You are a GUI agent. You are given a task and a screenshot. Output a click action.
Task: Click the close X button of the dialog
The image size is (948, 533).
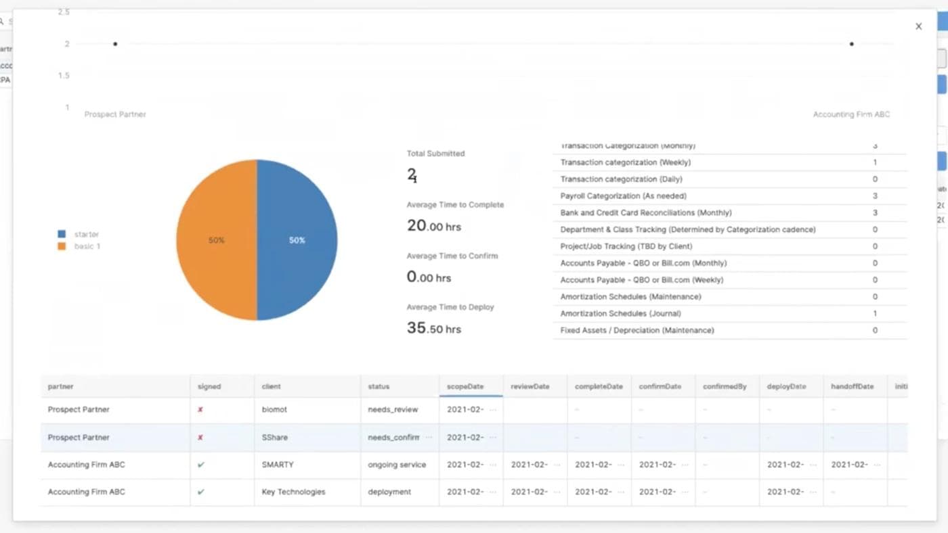click(918, 26)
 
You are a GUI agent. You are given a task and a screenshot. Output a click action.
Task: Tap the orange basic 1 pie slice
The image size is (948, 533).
click(216, 240)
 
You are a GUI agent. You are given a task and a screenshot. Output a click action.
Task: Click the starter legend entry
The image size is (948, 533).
click(86, 234)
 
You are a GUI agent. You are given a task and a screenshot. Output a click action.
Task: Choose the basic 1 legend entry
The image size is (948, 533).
click(87, 246)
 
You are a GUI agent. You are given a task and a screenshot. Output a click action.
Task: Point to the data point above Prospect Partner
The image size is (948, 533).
click(115, 44)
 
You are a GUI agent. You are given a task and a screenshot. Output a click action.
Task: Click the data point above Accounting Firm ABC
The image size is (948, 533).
click(851, 44)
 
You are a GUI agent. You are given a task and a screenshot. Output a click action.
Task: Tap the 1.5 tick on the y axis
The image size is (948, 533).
click(64, 75)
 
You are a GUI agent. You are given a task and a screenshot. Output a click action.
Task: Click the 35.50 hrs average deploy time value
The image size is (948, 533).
click(433, 328)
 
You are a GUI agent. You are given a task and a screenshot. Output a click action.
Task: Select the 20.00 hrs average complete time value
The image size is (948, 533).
click(433, 226)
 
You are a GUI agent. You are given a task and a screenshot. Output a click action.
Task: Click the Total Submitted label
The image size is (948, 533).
click(435, 154)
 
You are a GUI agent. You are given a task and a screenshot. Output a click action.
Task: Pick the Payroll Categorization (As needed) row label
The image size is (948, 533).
click(623, 196)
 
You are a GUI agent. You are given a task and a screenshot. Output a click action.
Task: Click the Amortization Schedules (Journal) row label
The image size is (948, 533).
click(620, 314)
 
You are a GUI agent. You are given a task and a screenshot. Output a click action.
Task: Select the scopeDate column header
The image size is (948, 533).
click(465, 386)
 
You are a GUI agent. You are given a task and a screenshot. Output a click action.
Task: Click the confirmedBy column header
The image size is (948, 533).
click(724, 386)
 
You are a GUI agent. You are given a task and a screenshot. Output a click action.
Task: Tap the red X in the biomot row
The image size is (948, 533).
click(200, 409)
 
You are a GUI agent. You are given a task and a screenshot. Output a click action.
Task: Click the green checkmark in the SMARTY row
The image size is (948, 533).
click(200, 465)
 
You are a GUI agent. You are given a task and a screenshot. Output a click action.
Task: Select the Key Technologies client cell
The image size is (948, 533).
click(293, 492)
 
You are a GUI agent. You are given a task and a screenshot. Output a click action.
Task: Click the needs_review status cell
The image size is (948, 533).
click(393, 409)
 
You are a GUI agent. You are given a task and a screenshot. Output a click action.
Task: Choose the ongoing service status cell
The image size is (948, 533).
click(397, 465)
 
